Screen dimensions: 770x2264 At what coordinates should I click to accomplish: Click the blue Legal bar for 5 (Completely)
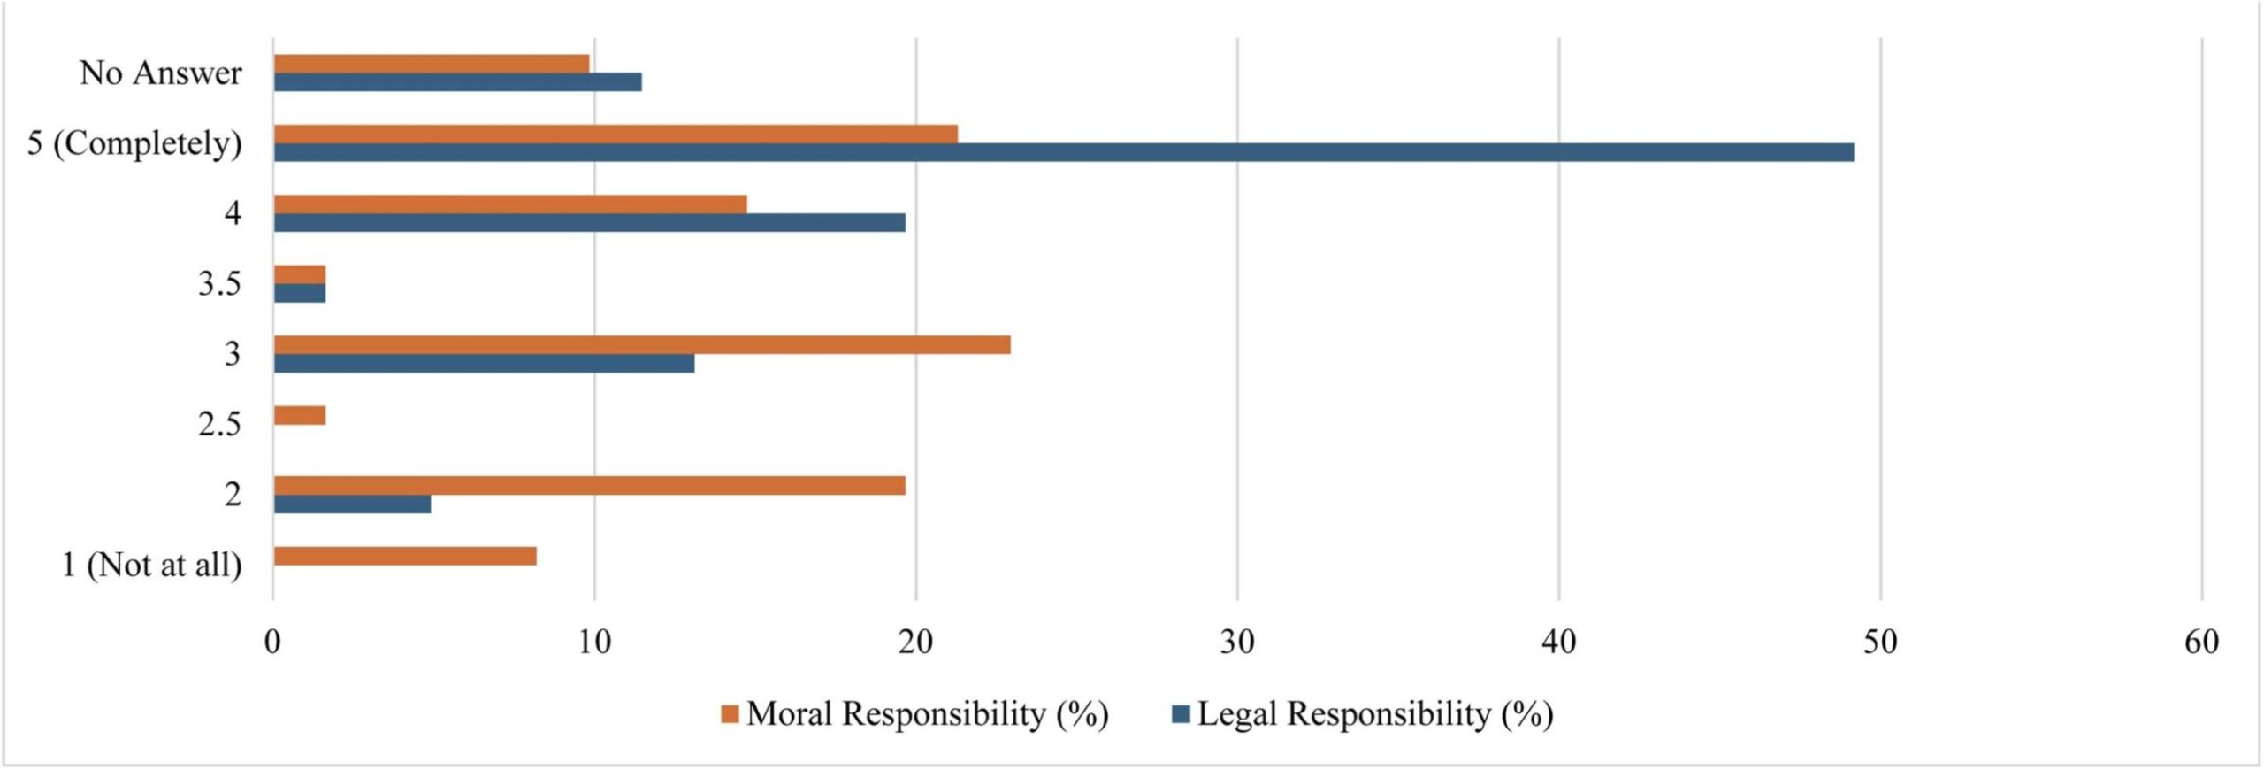[x=1061, y=152]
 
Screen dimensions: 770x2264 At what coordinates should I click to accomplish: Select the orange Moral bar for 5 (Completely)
[x=615, y=134]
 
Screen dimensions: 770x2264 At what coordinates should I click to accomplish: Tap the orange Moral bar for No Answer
[x=431, y=64]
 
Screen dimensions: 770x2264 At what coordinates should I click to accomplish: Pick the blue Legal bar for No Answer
[x=457, y=82]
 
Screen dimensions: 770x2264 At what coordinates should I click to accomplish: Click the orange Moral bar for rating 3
[x=641, y=344]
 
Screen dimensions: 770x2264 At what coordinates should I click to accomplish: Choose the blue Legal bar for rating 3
[x=483, y=363]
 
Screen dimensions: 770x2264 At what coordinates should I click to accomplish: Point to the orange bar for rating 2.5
[x=300, y=415]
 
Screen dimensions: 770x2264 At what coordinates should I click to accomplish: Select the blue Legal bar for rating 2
[x=352, y=504]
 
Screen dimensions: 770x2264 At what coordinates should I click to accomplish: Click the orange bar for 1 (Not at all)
[x=404, y=556]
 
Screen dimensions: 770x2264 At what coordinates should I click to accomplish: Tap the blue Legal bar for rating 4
[x=589, y=222]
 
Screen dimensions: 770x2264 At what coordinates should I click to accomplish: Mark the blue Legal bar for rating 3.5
[x=300, y=293]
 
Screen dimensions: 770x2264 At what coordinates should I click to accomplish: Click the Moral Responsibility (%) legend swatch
[x=730, y=714]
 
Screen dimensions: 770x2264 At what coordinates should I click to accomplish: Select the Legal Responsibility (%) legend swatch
[x=1180, y=714]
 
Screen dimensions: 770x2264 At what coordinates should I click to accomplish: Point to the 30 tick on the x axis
[x=1236, y=642]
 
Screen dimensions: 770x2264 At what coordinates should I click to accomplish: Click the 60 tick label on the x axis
[x=2201, y=642]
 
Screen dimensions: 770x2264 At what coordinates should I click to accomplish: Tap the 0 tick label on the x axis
[x=272, y=642]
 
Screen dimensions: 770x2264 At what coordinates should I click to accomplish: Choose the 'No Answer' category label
[x=160, y=73]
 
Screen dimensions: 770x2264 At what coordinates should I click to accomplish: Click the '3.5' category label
[x=219, y=284]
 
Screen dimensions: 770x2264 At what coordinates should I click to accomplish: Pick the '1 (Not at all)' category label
[x=151, y=565]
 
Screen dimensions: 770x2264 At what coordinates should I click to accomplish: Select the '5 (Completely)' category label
[x=134, y=143]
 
